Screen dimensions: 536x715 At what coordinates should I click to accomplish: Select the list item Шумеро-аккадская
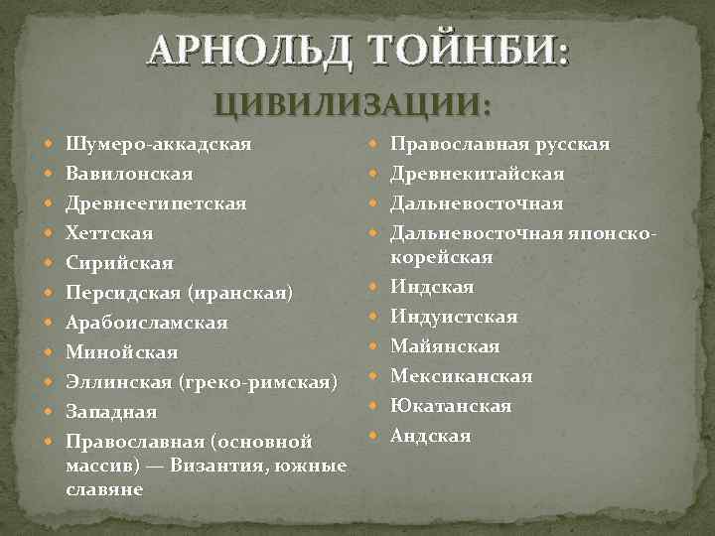click(x=158, y=145)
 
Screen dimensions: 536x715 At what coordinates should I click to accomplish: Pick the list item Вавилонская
click(x=129, y=175)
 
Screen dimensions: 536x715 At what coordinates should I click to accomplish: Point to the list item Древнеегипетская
click(x=156, y=204)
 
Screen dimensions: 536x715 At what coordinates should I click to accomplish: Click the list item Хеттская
click(x=109, y=234)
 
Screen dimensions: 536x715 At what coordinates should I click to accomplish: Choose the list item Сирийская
click(x=119, y=264)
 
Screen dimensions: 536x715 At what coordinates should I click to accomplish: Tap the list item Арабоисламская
click(x=147, y=324)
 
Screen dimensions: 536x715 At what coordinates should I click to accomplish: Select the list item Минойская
click(x=122, y=352)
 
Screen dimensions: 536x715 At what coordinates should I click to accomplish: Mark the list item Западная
click(x=111, y=412)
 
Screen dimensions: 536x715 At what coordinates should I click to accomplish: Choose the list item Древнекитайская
click(x=478, y=175)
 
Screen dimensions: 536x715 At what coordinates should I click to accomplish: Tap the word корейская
click(x=442, y=258)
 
